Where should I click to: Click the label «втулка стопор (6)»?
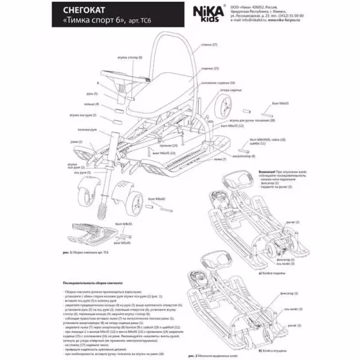130,58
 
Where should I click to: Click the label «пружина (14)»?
168,145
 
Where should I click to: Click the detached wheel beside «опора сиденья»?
223,107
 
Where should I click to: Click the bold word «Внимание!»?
267,172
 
